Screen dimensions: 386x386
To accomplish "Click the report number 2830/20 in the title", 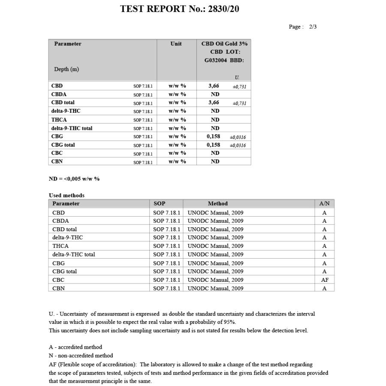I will point(223,9).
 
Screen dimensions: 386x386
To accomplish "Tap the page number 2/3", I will point(313,27).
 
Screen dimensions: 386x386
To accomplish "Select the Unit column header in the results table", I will point(176,44).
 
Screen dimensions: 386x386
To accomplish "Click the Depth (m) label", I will point(66,69).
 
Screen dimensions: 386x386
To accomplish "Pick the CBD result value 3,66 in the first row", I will point(214,86).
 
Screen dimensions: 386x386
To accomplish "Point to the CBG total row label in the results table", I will point(63,145).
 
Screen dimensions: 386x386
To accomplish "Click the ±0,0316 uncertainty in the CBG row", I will point(238,137).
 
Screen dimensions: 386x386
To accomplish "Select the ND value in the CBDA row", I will point(215,94).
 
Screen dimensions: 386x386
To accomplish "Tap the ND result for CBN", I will point(215,162).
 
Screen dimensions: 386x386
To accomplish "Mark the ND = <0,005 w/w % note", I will point(74,179).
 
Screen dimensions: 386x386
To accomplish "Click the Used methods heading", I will point(66,196).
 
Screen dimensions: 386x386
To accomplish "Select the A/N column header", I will point(324,204).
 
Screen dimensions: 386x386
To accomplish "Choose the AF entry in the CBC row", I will point(325,280).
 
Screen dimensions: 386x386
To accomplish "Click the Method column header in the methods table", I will point(218,204).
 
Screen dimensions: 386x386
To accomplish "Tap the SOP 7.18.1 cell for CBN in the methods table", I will point(167,288).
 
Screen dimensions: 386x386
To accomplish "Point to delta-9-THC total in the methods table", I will point(74,254).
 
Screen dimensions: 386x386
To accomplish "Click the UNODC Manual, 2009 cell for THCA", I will point(215,246).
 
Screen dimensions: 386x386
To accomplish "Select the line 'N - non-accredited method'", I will point(81,356).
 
